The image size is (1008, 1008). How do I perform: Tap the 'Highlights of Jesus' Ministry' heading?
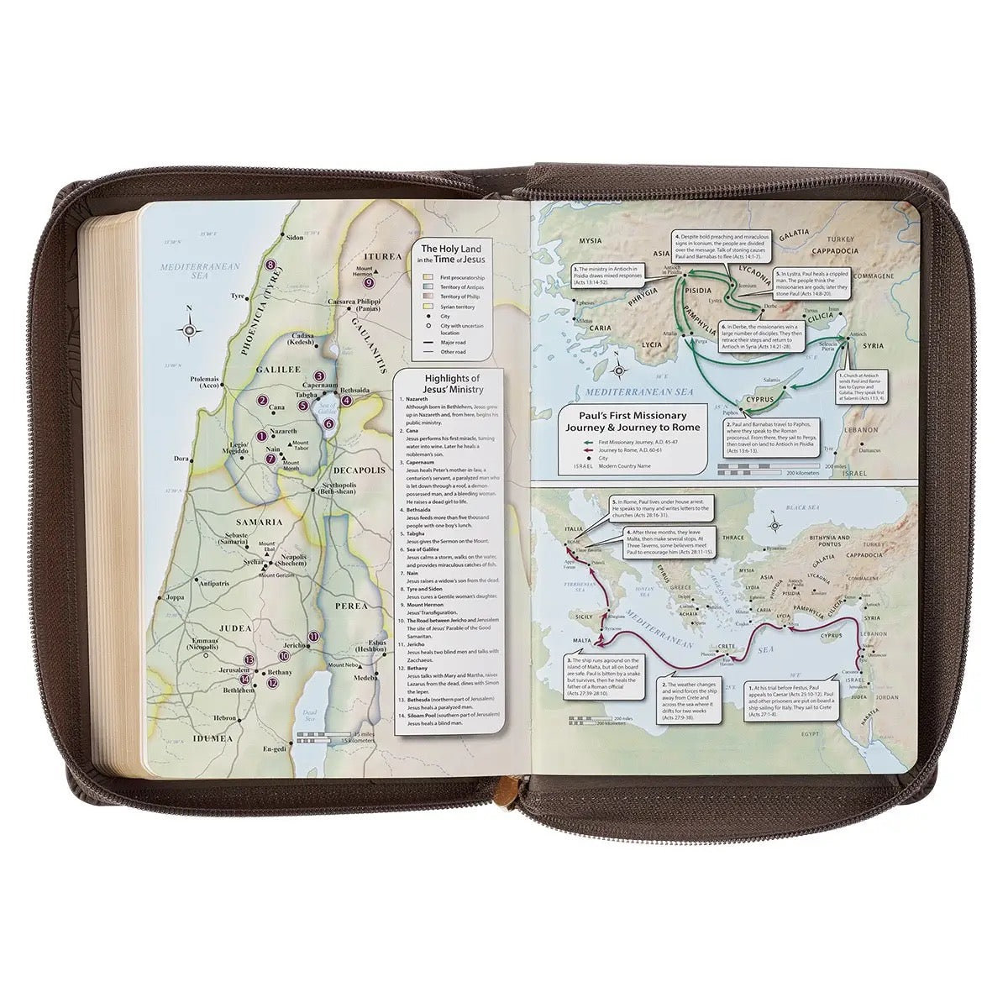[453, 382]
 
